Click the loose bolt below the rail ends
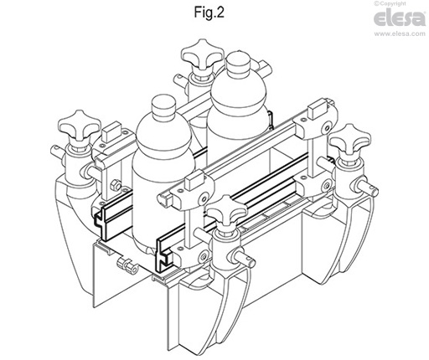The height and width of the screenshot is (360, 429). pyautogui.click(x=128, y=266)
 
